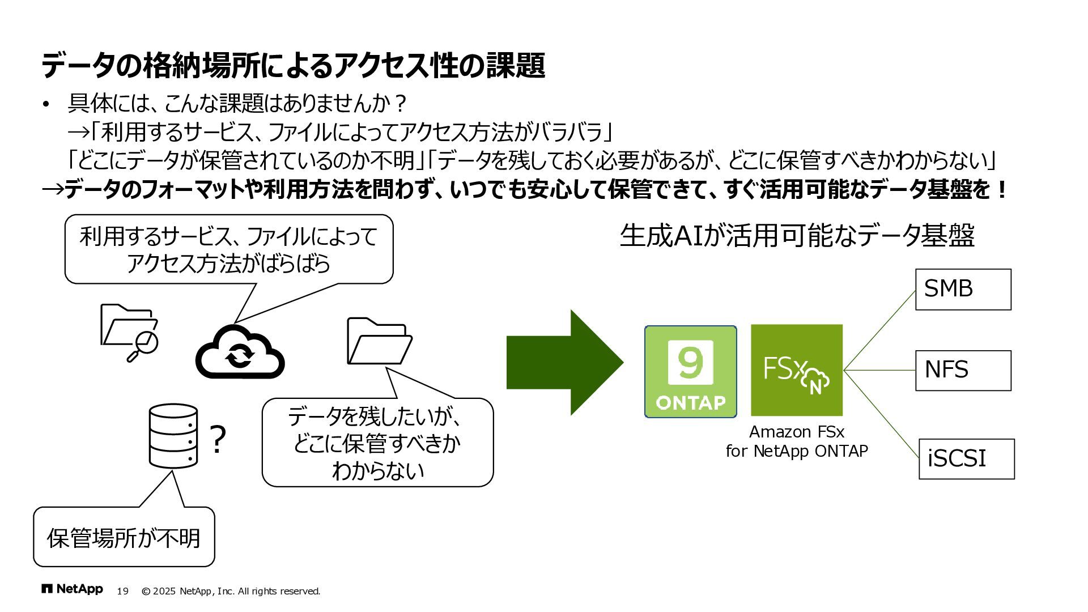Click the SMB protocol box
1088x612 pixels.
[x=963, y=290]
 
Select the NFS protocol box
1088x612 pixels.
[x=963, y=371]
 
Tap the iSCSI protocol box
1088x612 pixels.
[x=966, y=459]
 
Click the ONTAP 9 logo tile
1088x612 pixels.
[x=690, y=372]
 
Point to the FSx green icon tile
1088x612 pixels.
[x=796, y=370]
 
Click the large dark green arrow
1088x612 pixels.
[x=564, y=363]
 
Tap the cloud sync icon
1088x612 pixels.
[x=240, y=352]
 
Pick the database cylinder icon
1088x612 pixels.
[x=173, y=436]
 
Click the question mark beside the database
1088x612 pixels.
[x=218, y=440]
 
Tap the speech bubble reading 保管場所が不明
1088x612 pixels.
[x=124, y=537]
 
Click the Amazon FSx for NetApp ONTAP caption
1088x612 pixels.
[x=796, y=441]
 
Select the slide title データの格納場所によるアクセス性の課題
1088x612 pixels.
[x=293, y=65]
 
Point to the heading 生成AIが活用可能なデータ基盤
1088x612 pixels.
[x=797, y=236]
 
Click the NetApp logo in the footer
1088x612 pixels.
[x=73, y=589]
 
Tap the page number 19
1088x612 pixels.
[x=122, y=591]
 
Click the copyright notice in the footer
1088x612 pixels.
[x=231, y=591]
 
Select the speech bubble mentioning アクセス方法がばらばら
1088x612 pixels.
[x=229, y=249]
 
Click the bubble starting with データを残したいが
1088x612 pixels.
[x=377, y=443]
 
